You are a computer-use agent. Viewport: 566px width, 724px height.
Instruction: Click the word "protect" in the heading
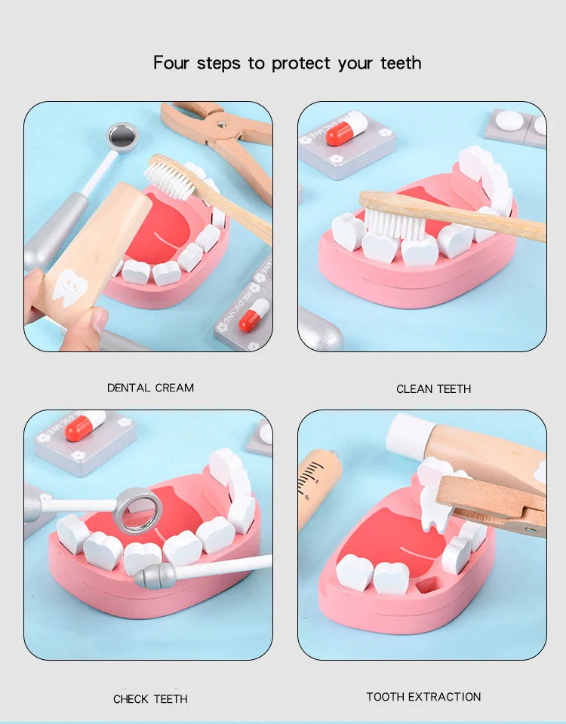(302, 63)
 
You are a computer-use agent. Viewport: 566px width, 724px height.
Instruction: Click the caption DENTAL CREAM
(150, 388)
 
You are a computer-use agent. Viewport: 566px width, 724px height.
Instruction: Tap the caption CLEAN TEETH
(433, 389)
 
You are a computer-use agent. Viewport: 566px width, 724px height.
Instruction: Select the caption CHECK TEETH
(150, 699)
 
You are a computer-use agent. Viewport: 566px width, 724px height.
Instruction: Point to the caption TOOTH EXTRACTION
(423, 697)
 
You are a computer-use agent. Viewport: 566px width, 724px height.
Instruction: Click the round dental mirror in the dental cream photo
(122, 137)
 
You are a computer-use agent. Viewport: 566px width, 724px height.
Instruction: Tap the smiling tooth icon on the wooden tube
(70, 287)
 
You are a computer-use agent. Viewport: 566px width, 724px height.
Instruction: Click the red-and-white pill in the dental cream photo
(254, 314)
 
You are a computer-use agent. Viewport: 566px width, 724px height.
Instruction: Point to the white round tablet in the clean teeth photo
(511, 121)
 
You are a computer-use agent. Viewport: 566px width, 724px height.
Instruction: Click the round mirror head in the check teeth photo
(140, 510)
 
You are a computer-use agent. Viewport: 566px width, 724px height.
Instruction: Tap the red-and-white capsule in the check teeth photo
(85, 426)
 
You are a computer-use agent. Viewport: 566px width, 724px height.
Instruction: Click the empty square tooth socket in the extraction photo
(429, 585)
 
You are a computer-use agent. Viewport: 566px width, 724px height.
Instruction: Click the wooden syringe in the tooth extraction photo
(317, 483)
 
